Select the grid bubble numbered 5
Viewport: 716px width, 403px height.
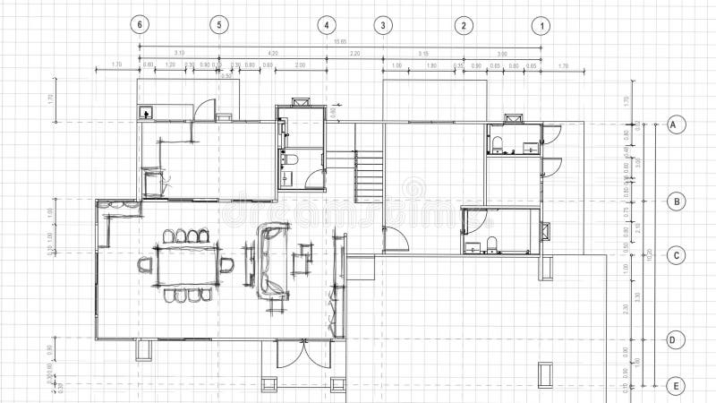click(x=219, y=24)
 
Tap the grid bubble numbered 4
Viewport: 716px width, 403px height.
click(x=327, y=24)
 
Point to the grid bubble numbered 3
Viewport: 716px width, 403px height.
click(x=383, y=24)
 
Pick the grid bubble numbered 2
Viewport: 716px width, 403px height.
click(x=464, y=24)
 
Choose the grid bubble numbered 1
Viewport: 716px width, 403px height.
click(x=541, y=24)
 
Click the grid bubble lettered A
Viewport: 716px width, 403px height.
click(x=677, y=124)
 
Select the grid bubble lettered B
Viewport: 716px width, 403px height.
click(x=677, y=201)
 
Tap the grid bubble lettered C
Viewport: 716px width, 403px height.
click(x=677, y=256)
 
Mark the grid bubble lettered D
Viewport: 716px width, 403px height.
click(x=677, y=339)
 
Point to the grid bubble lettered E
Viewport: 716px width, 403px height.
click(x=677, y=386)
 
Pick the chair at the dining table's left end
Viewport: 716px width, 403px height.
click(x=146, y=264)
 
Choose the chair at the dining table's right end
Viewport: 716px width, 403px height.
click(x=226, y=265)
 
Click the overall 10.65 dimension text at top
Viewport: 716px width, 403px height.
click(x=339, y=42)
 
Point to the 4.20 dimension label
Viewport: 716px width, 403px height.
click(x=273, y=53)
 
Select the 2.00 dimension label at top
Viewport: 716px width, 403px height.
click(x=299, y=64)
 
